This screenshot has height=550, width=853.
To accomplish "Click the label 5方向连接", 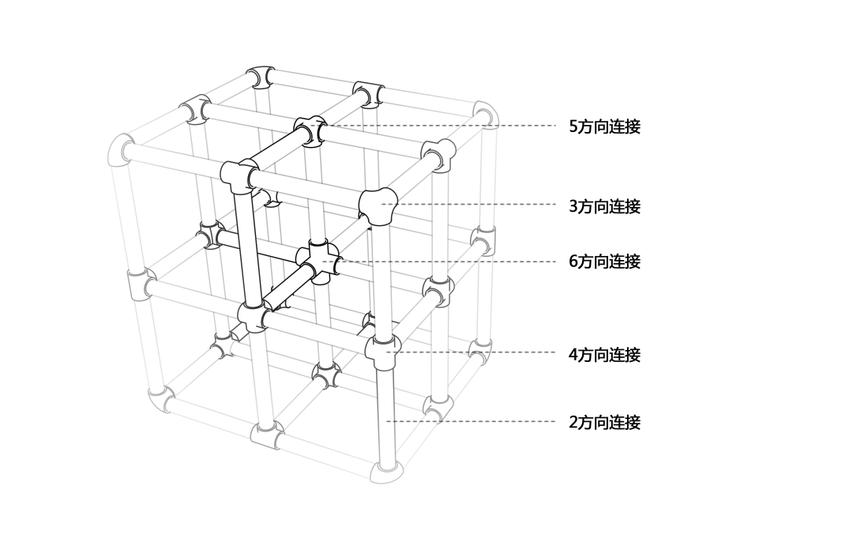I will coord(604,126).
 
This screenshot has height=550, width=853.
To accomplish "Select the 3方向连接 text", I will coord(604,206).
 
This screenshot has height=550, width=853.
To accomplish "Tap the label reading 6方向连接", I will coord(604,262).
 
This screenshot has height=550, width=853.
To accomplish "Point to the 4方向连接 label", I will coord(604,355).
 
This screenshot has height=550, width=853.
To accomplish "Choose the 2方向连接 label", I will coord(604,422).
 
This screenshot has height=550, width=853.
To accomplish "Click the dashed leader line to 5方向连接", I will coord(442,126).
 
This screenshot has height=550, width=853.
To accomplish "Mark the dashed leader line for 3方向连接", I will coord(474,205).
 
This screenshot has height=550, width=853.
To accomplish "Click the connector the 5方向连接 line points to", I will coord(310,130).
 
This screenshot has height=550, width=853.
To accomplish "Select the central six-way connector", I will coord(319,262).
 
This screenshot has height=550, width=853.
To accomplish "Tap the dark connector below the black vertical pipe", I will coord(254,318).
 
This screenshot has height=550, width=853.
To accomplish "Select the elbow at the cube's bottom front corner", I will coord(387,471).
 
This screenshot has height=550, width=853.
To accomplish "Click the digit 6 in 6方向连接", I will coord(573,262).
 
